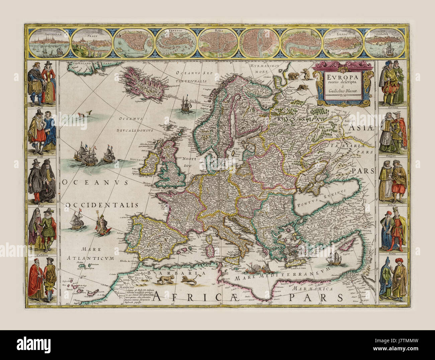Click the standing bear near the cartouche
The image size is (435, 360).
[x=306, y=74]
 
